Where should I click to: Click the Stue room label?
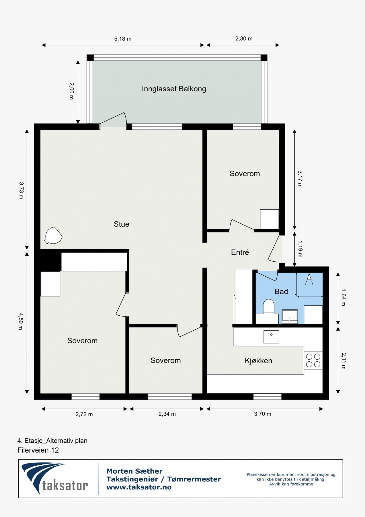121,224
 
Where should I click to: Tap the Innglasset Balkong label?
174,89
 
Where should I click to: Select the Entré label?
240,252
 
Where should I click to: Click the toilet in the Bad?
269,306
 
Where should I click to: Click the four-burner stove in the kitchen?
313,360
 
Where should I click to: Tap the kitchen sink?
271,336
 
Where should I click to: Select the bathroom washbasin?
290,317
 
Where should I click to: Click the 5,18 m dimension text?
123,39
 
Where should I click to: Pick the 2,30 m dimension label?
244,38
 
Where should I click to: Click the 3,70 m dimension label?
262,414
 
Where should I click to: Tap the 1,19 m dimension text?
300,249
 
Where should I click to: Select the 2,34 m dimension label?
167,414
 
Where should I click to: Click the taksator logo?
54,479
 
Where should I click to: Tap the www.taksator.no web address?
139,487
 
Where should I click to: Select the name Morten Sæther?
134,471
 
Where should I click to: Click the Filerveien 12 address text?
38,450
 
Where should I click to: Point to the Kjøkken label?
258,361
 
